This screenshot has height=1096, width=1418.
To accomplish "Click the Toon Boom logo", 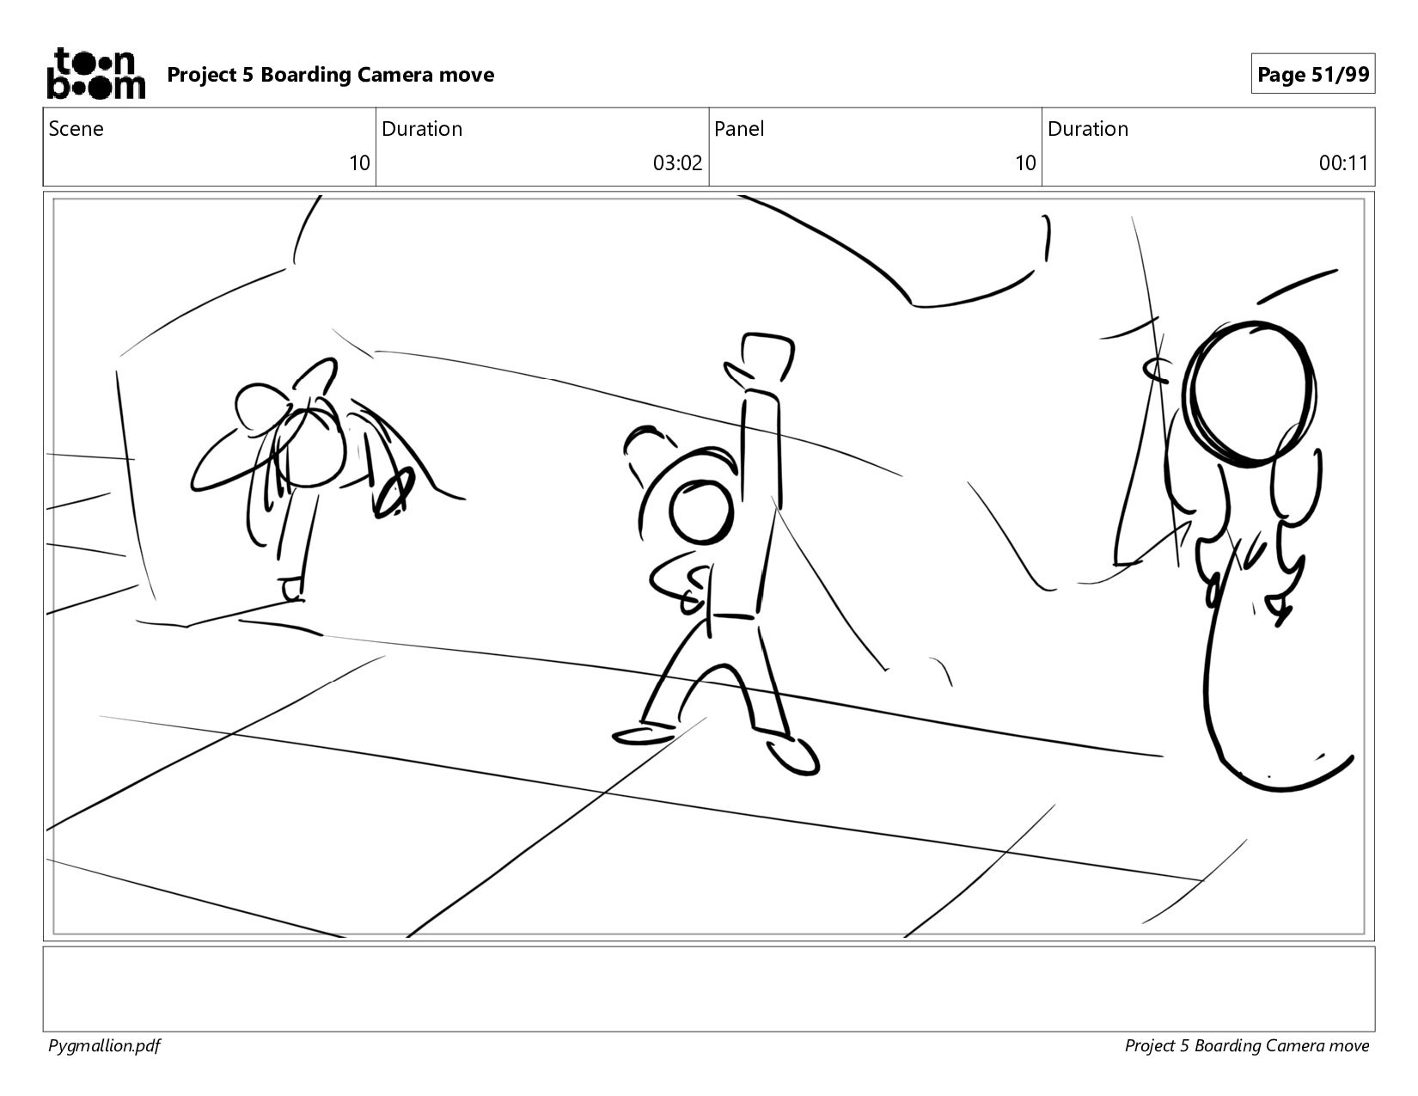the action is [x=96, y=73].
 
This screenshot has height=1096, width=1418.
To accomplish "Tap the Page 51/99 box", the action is [x=1312, y=74].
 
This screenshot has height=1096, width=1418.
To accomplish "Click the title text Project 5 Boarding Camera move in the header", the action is [x=330, y=75].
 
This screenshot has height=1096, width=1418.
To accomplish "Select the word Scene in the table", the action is [x=76, y=129].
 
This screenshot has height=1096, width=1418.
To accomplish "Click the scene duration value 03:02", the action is [x=677, y=162].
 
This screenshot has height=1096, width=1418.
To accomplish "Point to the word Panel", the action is [x=739, y=129].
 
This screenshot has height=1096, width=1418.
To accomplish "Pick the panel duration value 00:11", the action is [x=1343, y=162].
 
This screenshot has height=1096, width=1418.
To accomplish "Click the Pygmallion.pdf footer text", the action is [x=104, y=1046].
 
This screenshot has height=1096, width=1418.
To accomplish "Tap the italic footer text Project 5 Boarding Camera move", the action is [x=1246, y=1046].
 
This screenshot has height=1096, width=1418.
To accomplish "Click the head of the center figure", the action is [x=701, y=513].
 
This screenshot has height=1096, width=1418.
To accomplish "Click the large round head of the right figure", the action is [x=1249, y=395].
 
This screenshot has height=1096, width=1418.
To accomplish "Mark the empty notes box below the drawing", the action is [x=709, y=989].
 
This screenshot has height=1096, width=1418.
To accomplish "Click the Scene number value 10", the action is [x=359, y=162].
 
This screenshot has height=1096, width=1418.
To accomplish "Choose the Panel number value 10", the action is [x=1025, y=162].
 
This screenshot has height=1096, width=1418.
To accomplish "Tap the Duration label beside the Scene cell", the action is [x=422, y=129].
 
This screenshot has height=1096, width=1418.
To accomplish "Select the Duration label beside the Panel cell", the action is [x=1088, y=129].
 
